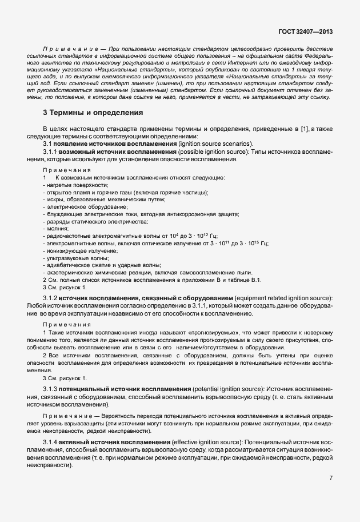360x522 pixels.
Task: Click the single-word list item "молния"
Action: pyautogui.click(x=57, y=228)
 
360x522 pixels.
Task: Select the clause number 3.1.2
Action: pyautogui.click(x=51, y=298)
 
